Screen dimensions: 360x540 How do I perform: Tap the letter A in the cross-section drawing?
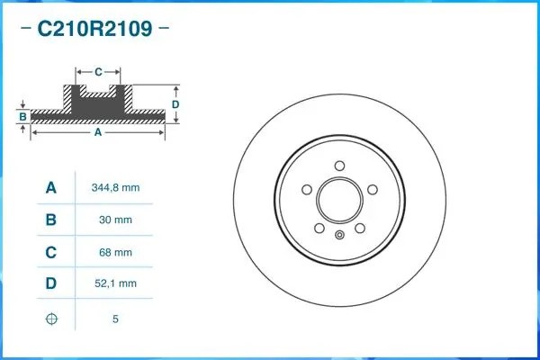click(97, 132)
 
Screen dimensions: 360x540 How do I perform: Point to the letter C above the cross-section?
click(97, 70)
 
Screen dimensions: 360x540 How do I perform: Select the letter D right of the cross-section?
click(176, 104)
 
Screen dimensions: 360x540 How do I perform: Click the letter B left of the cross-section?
click(22, 116)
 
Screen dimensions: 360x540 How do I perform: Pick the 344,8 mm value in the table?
click(115, 188)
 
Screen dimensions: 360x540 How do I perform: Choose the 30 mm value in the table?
click(115, 220)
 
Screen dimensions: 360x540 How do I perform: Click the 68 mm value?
click(115, 252)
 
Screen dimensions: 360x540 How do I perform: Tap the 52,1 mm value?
click(115, 283)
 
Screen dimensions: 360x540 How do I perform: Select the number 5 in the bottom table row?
click(115, 319)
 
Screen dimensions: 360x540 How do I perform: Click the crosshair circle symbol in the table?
click(51, 319)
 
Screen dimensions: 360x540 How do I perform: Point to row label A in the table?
click(51, 188)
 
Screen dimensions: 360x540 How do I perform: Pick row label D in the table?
click(51, 283)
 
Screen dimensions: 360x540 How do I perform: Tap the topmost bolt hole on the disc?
click(338, 165)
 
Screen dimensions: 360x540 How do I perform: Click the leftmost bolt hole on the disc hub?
click(307, 190)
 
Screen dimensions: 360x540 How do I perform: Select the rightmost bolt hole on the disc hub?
click(372, 189)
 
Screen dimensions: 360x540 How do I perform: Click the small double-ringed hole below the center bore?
click(339, 236)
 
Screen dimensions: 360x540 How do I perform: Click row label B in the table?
click(51, 220)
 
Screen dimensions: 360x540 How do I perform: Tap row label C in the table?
click(51, 252)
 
